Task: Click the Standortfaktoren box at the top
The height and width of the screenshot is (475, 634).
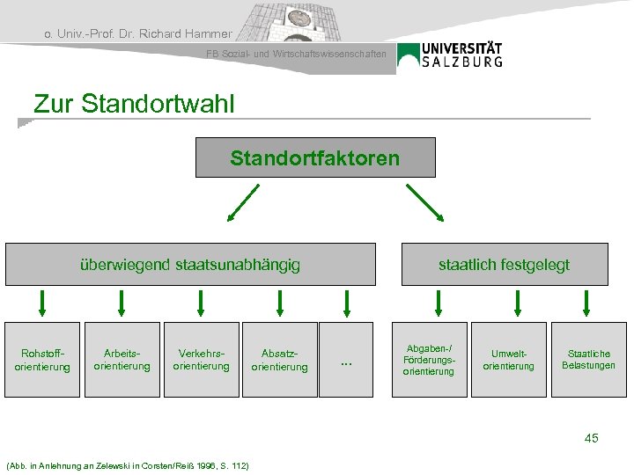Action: point(315,158)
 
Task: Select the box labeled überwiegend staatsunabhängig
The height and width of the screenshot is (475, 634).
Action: point(190,264)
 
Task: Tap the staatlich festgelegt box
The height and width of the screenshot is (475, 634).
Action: point(505,264)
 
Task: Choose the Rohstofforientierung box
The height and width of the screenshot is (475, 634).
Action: point(42,360)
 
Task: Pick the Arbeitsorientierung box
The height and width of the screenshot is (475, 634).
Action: point(122,360)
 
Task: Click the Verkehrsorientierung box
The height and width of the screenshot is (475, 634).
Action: point(202,360)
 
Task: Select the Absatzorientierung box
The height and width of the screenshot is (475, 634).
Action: point(280,360)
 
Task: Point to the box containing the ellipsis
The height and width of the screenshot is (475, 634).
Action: point(346,360)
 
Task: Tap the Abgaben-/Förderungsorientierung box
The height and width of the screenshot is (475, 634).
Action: point(429,360)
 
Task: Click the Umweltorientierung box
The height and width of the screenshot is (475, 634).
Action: point(508,360)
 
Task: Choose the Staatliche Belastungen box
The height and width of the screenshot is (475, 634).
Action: point(587,360)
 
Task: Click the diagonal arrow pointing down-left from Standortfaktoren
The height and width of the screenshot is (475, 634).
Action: point(242,203)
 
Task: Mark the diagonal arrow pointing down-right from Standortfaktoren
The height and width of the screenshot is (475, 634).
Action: point(425,203)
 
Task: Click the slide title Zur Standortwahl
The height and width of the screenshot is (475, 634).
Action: point(134,104)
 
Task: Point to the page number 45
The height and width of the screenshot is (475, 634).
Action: point(591,437)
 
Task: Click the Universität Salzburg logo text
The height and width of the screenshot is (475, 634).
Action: point(462,55)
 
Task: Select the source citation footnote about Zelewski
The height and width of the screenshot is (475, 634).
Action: point(127,464)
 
